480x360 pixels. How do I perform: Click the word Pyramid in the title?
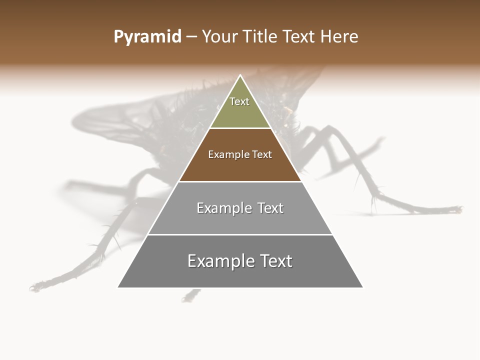[147, 37]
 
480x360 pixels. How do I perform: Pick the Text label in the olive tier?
[239, 101]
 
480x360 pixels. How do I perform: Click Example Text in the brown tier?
[240, 154]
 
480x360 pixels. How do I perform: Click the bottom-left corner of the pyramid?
[118, 287]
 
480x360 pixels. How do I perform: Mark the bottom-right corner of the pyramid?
[362, 287]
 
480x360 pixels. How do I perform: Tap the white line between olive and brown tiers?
[240, 128]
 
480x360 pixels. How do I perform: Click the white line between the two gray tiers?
[240, 234]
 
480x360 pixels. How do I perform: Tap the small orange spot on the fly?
[288, 108]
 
